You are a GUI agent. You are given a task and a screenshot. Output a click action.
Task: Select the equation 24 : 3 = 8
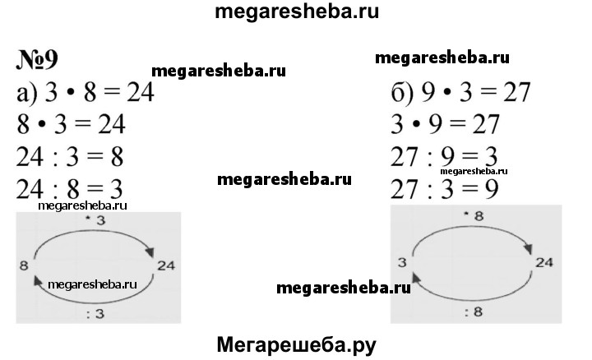[69, 157]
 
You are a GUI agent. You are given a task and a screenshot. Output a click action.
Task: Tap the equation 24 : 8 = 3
[69, 188]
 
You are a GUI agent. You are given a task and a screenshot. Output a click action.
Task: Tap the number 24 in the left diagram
[167, 264]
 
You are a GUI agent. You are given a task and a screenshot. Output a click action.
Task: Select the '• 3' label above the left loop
[95, 221]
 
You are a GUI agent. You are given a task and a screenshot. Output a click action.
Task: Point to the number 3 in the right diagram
[400, 262]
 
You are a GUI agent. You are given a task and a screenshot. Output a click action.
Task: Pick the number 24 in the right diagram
[545, 262]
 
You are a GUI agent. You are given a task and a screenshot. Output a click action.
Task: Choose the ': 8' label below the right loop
[474, 312]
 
